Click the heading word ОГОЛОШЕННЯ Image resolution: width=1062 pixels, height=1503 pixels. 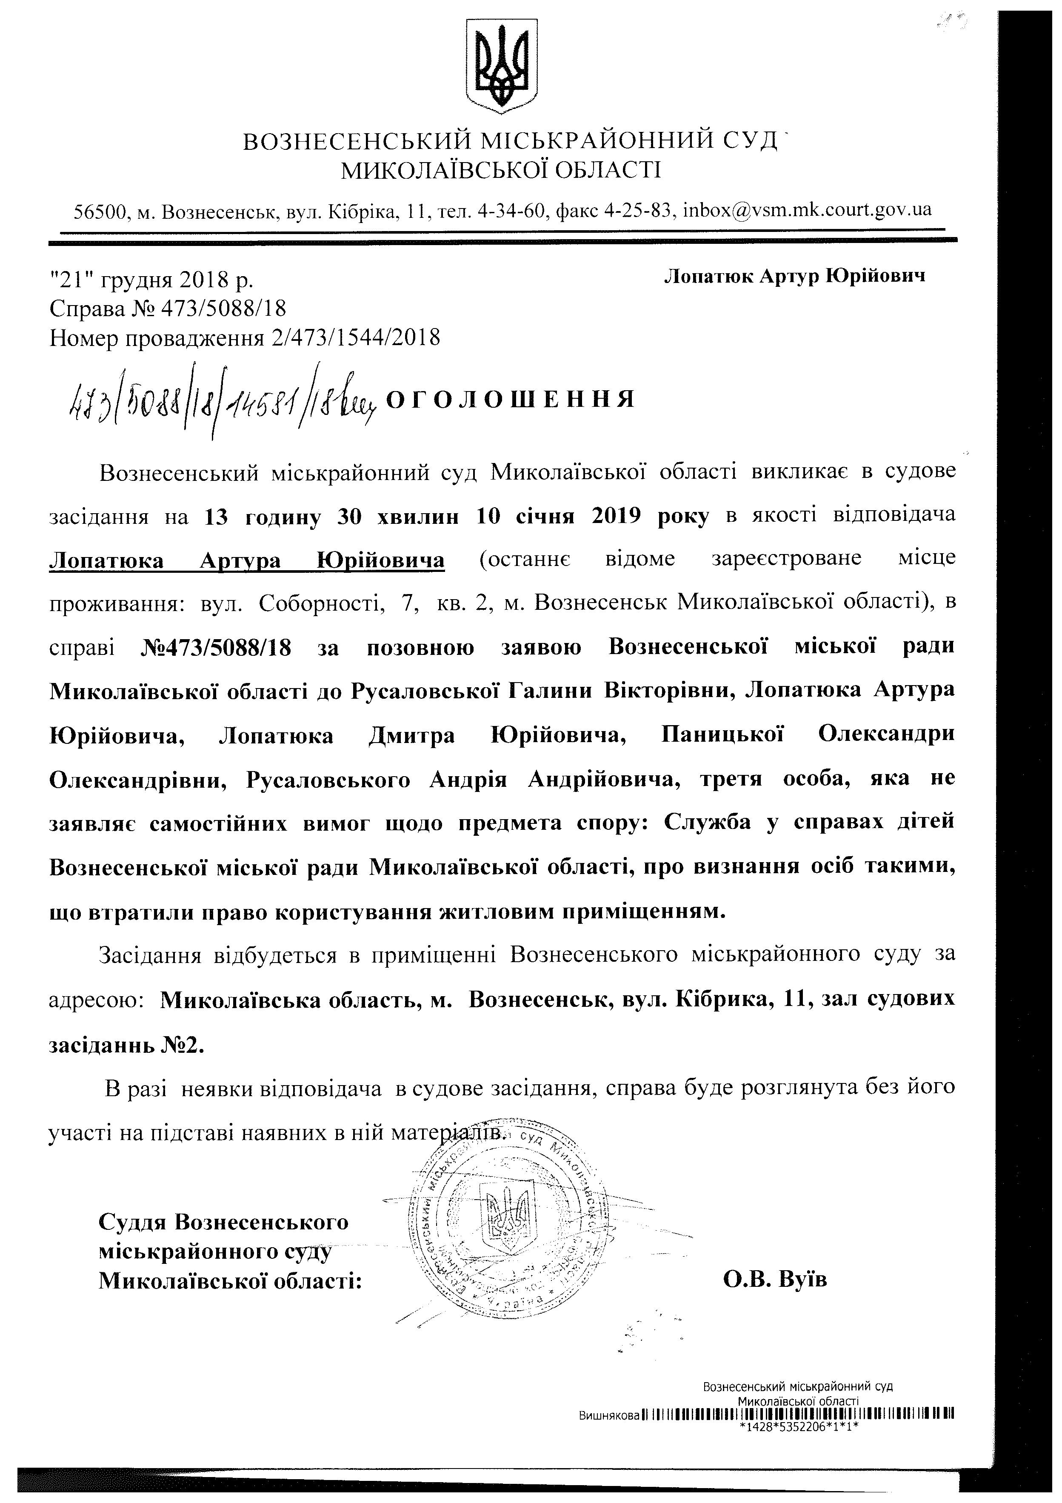(x=511, y=399)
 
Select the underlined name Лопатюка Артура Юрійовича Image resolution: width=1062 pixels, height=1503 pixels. (x=247, y=560)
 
